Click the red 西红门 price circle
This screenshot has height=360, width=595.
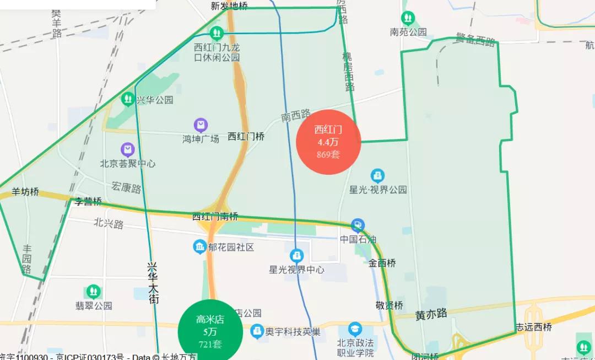(328, 142)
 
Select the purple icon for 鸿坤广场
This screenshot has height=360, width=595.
(201, 125)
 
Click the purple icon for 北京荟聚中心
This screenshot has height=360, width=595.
(128, 149)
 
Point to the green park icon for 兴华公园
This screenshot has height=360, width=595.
(128, 99)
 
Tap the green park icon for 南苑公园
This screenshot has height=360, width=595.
(408, 19)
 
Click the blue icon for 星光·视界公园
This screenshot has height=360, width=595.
(378, 176)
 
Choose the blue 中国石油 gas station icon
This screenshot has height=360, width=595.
(358, 225)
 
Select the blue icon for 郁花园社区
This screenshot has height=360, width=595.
(199, 247)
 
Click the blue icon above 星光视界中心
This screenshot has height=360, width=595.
(296, 256)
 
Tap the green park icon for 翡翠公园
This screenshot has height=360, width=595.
(93, 291)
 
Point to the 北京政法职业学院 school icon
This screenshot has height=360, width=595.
(355, 329)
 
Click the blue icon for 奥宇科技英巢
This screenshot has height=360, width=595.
(257, 331)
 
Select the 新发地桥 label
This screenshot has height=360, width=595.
(229, 6)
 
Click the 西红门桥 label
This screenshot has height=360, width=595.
(246, 136)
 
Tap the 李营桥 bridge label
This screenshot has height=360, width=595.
(88, 201)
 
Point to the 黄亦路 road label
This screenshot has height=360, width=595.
(431, 314)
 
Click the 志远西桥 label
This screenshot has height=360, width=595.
(533, 326)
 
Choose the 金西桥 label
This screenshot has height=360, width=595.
(382, 263)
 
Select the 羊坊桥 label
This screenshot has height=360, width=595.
(25, 192)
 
